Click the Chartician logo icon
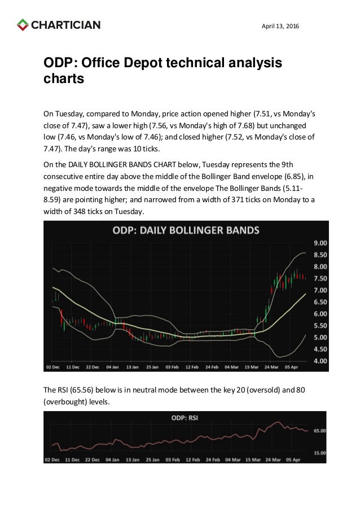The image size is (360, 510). pyautogui.click(x=22, y=25)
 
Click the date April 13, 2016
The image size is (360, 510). pyautogui.click(x=281, y=26)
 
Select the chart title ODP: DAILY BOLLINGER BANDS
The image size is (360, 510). pyautogui.click(x=186, y=230)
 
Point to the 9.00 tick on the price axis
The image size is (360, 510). pyautogui.click(x=319, y=243)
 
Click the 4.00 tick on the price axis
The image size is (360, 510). pyautogui.click(x=319, y=360)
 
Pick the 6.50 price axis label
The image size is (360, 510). pyautogui.click(x=319, y=302)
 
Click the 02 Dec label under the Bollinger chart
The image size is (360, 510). pyautogui.click(x=53, y=366)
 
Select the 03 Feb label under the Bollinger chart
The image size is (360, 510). pyautogui.click(x=173, y=366)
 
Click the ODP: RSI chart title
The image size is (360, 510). pyautogui.click(x=186, y=419)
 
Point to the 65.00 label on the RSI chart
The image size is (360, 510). pyautogui.click(x=319, y=430)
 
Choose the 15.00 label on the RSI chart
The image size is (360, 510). pyautogui.click(x=319, y=453)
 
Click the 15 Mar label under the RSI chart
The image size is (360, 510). pyautogui.click(x=253, y=460)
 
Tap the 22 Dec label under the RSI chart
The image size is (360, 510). pyautogui.click(x=93, y=460)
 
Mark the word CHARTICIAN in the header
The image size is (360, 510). pyautogui.click(x=66, y=25)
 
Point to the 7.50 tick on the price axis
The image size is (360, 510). pyautogui.click(x=319, y=278)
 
